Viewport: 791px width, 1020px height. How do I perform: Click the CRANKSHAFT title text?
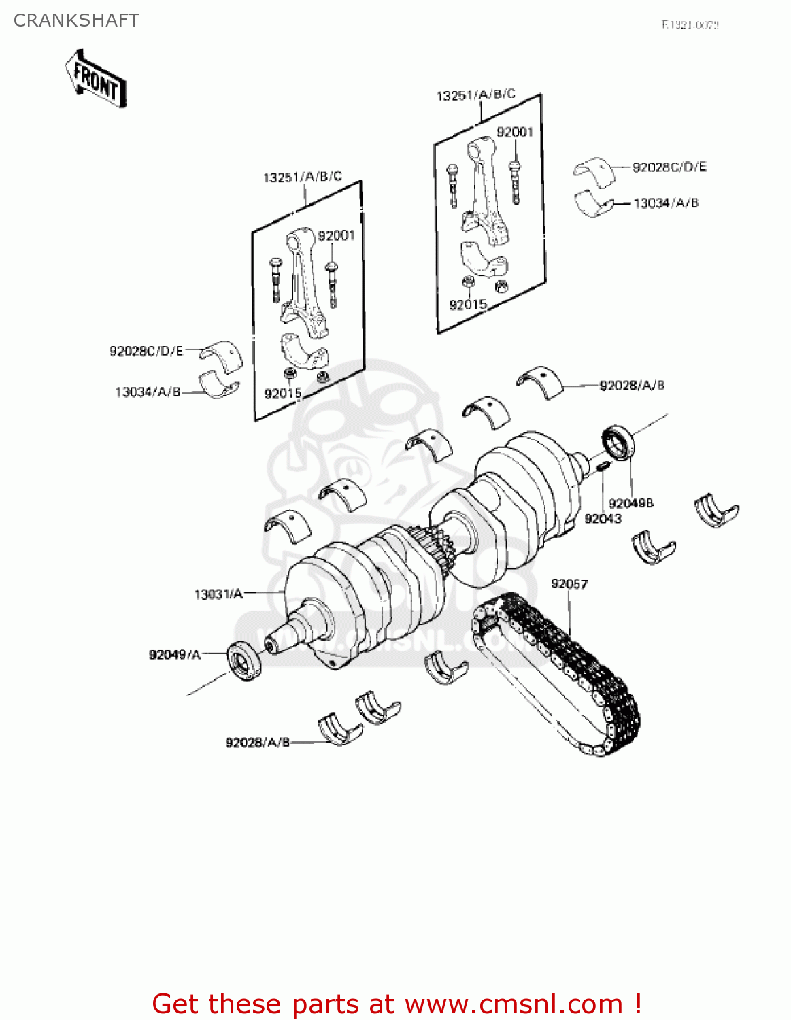pyautogui.click(x=76, y=20)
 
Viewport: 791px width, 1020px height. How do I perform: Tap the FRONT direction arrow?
pyautogui.click(x=96, y=80)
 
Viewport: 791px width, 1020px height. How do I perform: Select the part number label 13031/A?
pyautogui.click(x=218, y=594)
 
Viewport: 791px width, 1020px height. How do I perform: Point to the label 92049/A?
pyautogui.click(x=175, y=654)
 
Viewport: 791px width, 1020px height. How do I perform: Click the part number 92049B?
pyautogui.click(x=630, y=503)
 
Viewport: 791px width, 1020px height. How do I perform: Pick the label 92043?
pyautogui.click(x=603, y=519)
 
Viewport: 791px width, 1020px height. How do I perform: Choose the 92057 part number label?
pyautogui.click(x=569, y=584)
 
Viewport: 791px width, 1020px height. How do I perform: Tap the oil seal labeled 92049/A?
pyautogui.click(x=244, y=660)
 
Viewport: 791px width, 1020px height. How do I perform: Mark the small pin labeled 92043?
pyautogui.click(x=603, y=466)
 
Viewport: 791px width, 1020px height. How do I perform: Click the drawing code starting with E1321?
pyautogui.click(x=690, y=25)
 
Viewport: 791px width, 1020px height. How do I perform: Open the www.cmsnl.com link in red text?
pyautogui.click(x=514, y=1004)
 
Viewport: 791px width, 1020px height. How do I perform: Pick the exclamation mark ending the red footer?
pyautogui.click(x=638, y=1004)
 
